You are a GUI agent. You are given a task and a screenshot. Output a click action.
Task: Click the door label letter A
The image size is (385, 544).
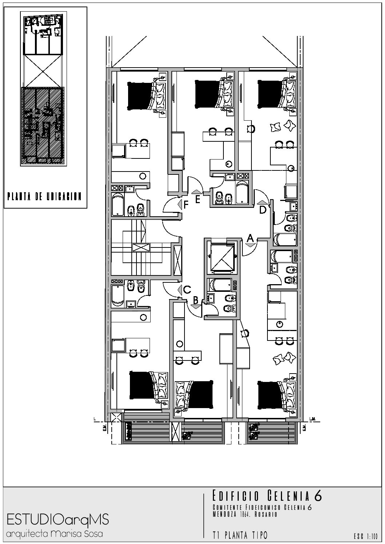click(x=250, y=238)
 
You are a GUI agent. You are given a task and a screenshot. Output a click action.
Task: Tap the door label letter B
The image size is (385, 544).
click(x=196, y=300)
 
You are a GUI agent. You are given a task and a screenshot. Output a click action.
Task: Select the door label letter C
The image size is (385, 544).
click(x=187, y=289)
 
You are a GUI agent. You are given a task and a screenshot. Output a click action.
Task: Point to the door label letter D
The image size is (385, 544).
click(x=263, y=210)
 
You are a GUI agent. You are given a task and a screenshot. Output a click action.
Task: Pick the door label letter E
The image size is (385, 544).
click(x=198, y=200)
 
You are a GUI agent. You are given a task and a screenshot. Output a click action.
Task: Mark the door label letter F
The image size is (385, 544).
click(x=186, y=205)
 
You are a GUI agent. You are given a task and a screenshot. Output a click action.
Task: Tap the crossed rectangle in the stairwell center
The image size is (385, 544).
click(x=141, y=247)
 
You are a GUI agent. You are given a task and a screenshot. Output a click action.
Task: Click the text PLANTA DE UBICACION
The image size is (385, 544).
click(x=44, y=196)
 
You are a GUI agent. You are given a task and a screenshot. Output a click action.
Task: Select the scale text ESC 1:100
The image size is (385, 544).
click(x=366, y=536)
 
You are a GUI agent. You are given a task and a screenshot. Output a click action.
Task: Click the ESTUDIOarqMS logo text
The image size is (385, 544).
click(x=58, y=520)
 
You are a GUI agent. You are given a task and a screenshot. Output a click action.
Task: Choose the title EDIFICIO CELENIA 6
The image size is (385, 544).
click(x=267, y=496)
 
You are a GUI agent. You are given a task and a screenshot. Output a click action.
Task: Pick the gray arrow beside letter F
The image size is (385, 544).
click(x=180, y=204)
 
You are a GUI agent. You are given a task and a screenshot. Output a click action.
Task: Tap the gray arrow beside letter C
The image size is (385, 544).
click(x=180, y=290)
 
